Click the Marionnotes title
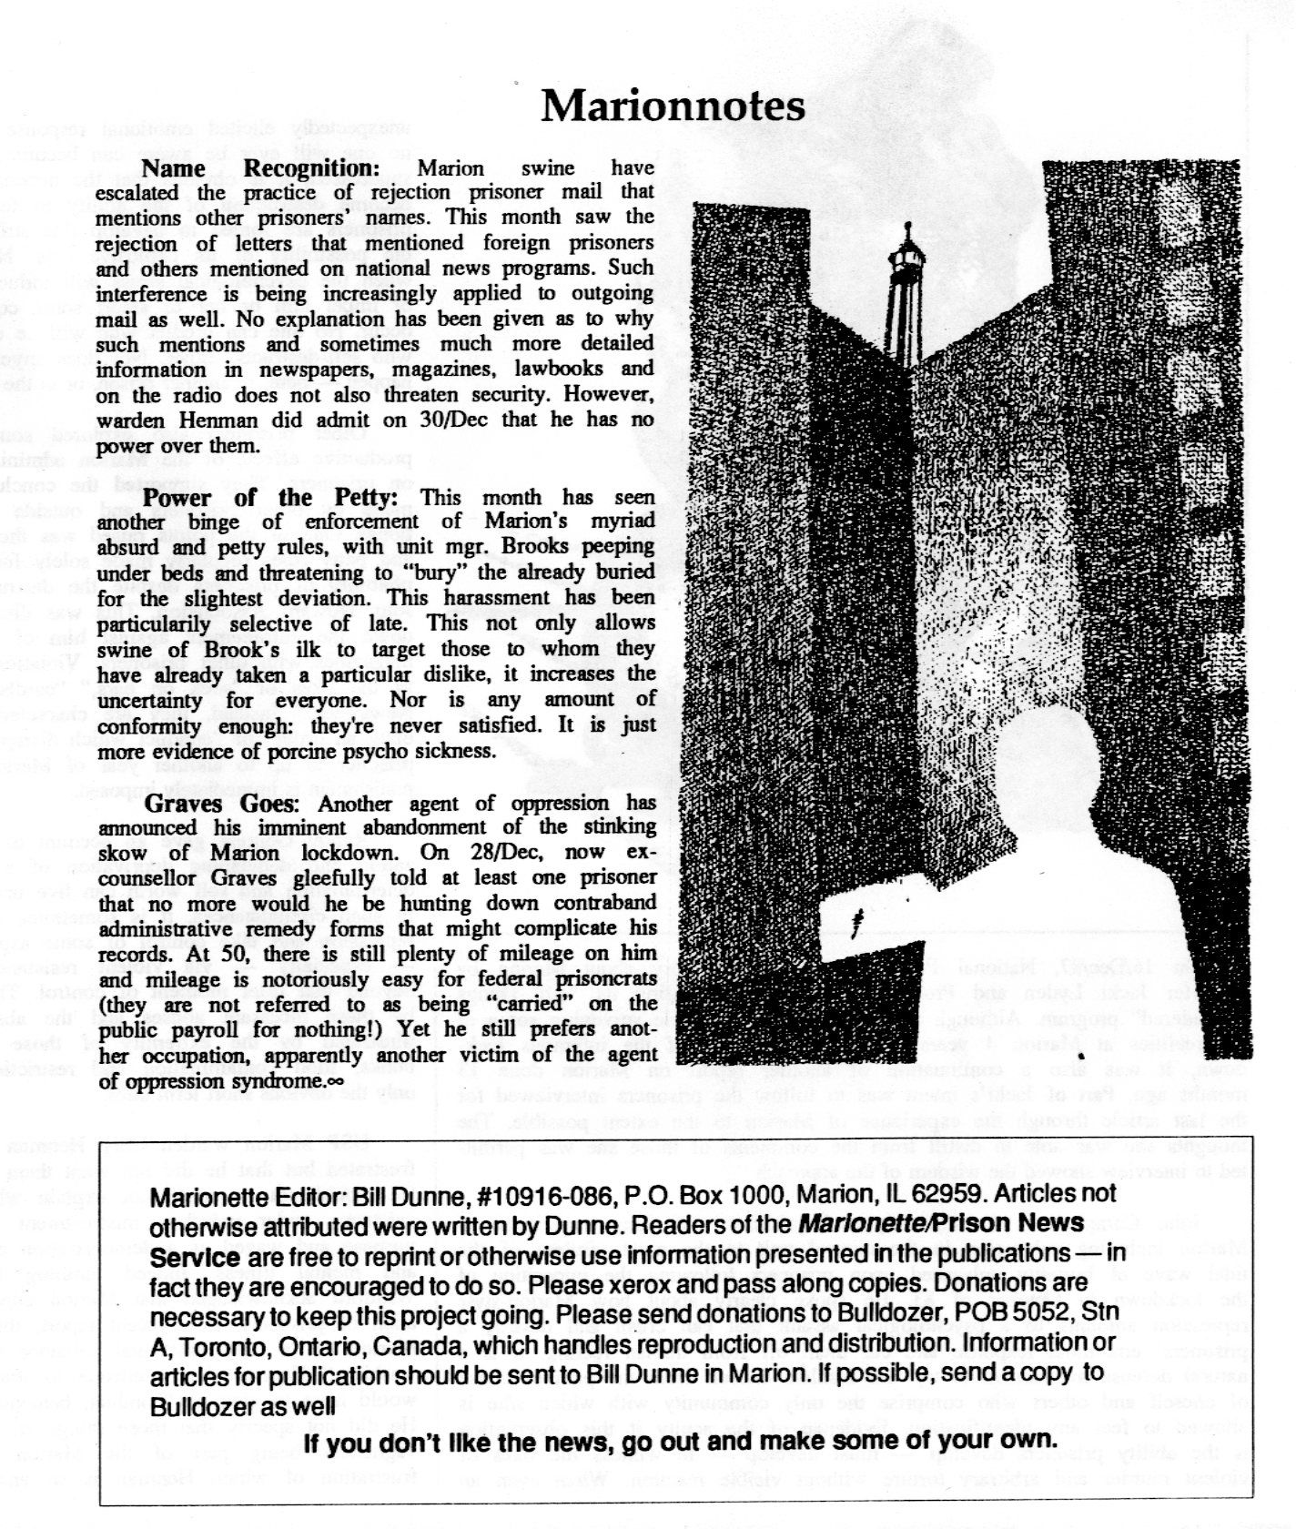pyautogui.click(x=673, y=106)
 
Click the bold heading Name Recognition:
pyautogui.click(x=259, y=168)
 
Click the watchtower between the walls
pyautogui.click(x=906, y=291)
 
